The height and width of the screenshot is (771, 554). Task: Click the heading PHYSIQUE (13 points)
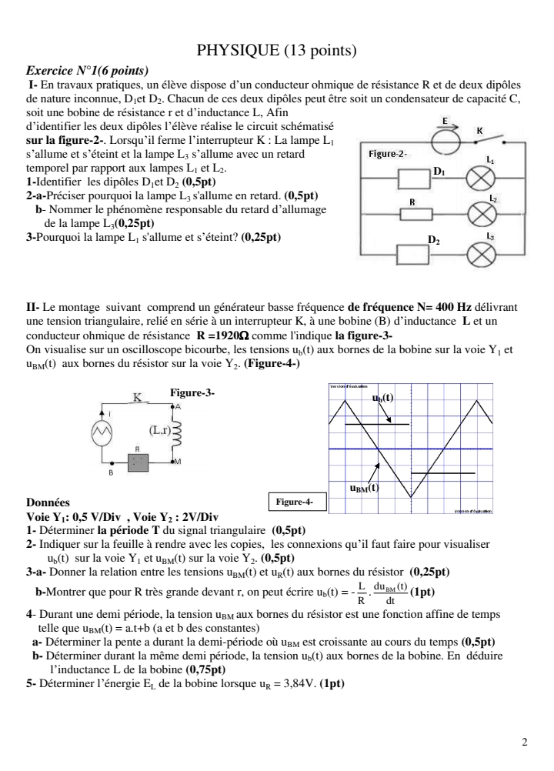click(x=277, y=52)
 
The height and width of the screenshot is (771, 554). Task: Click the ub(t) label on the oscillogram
click(x=382, y=398)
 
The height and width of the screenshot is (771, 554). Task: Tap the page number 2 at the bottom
click(x=525, y=743)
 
